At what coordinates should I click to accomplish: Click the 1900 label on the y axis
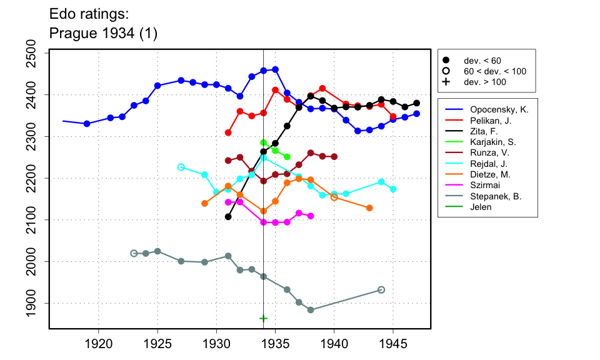point(38,303)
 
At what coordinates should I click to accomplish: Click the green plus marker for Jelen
point(264,318)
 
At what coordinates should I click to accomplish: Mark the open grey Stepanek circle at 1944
point(381,290)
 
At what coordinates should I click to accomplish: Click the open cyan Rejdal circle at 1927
point(181,167)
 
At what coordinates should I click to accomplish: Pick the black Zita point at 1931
point(228,217)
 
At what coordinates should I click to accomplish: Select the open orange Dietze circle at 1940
point(334,197)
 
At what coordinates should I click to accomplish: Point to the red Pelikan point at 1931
point(228,132)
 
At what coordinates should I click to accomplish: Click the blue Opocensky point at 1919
point(87,124)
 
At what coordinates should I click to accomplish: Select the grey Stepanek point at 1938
point(311,310)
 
